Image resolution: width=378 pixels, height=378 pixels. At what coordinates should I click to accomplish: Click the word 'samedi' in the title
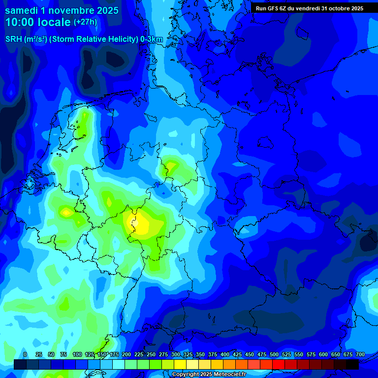pyautogui.click(x=21, y=10)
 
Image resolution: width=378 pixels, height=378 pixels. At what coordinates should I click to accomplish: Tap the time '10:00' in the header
pyautogui.click(x=20, y=23)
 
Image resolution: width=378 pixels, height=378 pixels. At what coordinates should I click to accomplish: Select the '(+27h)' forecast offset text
pyautogui.click(x=86, y=22)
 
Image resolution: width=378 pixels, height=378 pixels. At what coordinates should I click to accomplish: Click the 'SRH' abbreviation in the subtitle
pyautogui.click(x=13, y=39)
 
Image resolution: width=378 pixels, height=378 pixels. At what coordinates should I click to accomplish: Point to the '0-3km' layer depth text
pyautogui.click(x=152, y=39)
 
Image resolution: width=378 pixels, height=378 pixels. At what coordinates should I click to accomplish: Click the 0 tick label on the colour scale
pyautogui.click(x=25, y=354)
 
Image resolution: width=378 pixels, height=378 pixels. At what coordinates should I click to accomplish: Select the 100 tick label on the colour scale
pyautogui.click(x=77, y=354)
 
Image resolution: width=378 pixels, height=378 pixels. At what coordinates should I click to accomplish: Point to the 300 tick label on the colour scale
pyautogui.click(x=176, y=354)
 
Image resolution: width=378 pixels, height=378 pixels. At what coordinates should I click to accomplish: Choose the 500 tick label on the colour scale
pyautogui.click(x=274, y=354)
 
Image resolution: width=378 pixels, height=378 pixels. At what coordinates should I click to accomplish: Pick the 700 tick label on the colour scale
pyautogui.click(x=360, y=354)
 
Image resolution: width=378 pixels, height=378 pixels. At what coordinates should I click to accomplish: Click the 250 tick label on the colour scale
pyautogui.click(x=151, y=354)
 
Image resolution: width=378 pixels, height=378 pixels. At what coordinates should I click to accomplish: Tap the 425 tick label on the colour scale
pyautogui.click(x=237, y=354)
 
